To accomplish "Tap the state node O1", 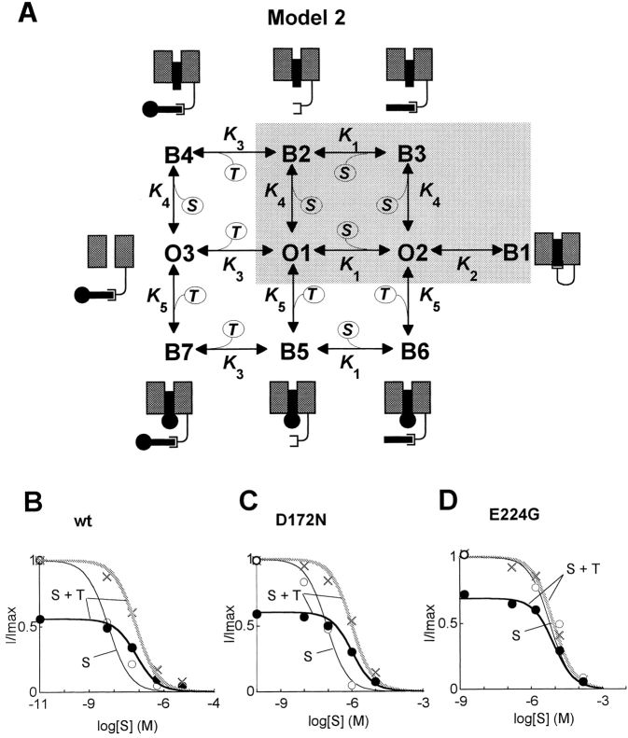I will coord(295,253).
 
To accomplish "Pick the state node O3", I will coord(178,253).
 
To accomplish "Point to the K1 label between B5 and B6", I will coord(353,367).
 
